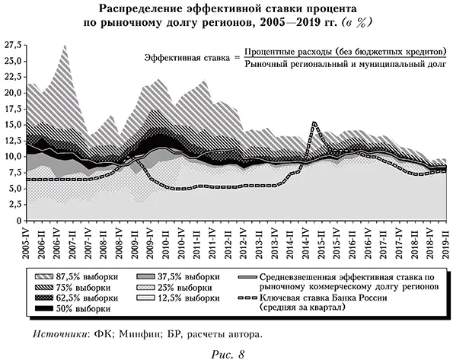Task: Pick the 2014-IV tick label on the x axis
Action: [x=306, y=240]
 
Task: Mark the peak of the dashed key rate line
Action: [x=314, y=122]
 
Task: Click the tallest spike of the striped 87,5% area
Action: [x=64, y=46]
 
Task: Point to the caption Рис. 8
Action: [x=227, y=352]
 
